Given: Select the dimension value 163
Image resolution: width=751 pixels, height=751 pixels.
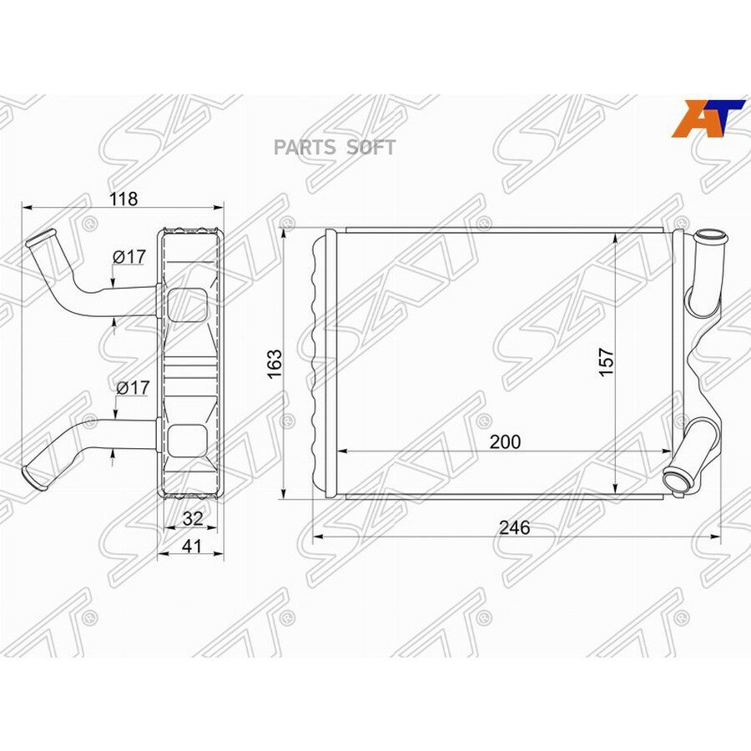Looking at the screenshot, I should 276,363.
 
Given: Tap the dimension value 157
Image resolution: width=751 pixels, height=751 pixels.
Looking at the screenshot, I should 607,361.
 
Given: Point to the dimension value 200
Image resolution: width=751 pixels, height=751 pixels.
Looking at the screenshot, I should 505,441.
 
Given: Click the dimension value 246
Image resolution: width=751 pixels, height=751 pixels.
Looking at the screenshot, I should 514,527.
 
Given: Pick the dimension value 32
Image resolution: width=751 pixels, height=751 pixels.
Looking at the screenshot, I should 193,517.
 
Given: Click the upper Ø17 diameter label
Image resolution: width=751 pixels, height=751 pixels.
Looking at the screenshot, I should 130,258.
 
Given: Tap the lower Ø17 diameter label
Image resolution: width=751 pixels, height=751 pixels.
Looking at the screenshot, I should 133,387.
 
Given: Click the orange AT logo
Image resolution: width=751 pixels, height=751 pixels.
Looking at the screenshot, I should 708,118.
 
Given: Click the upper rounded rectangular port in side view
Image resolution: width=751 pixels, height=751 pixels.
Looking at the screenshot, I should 188,305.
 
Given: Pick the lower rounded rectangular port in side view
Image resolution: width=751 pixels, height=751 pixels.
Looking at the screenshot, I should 188,439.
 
